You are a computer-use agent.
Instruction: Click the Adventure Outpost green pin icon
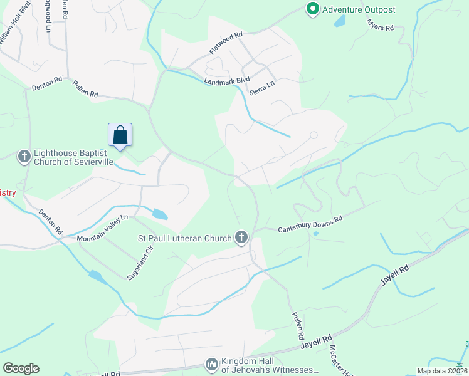click(312, 9)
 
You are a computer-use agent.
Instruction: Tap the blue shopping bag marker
click(120, 135)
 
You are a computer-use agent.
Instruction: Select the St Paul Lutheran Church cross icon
click(241, 238)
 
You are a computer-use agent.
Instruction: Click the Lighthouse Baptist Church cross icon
click(24, 156)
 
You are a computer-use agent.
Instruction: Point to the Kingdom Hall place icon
click(211, 364)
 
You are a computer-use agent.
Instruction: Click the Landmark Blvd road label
click(226, 80)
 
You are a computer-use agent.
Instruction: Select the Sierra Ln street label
click(262, 87)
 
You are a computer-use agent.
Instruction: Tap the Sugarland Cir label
click(140, 263)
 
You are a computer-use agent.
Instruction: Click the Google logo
click(21, 368)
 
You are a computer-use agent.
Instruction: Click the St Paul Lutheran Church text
click(184, 238)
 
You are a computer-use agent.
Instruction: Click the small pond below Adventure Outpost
click(339, 21)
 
